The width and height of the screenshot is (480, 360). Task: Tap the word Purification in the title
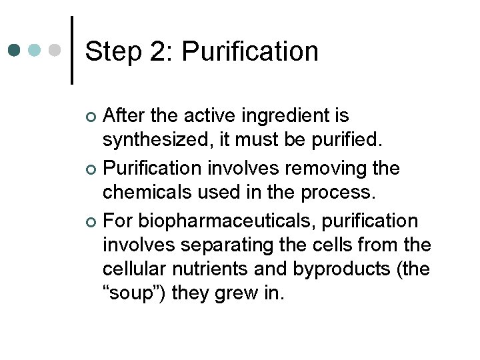click(251, 51)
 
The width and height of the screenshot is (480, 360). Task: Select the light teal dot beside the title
click(35, 51)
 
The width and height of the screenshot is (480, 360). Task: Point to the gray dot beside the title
click(55, 51)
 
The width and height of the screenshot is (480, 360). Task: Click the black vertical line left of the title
click(71, 50)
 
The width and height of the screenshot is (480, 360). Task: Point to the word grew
click(241, 296)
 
